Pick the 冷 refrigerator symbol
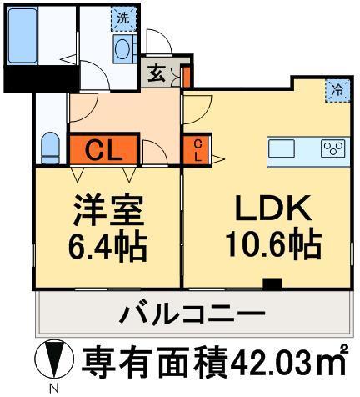coord(337,88)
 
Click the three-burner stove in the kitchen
coord(332,148)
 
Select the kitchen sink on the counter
coord(282,148)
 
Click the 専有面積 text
coord(154,362)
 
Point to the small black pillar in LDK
coord(271,284)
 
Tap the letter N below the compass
coord(52,389)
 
